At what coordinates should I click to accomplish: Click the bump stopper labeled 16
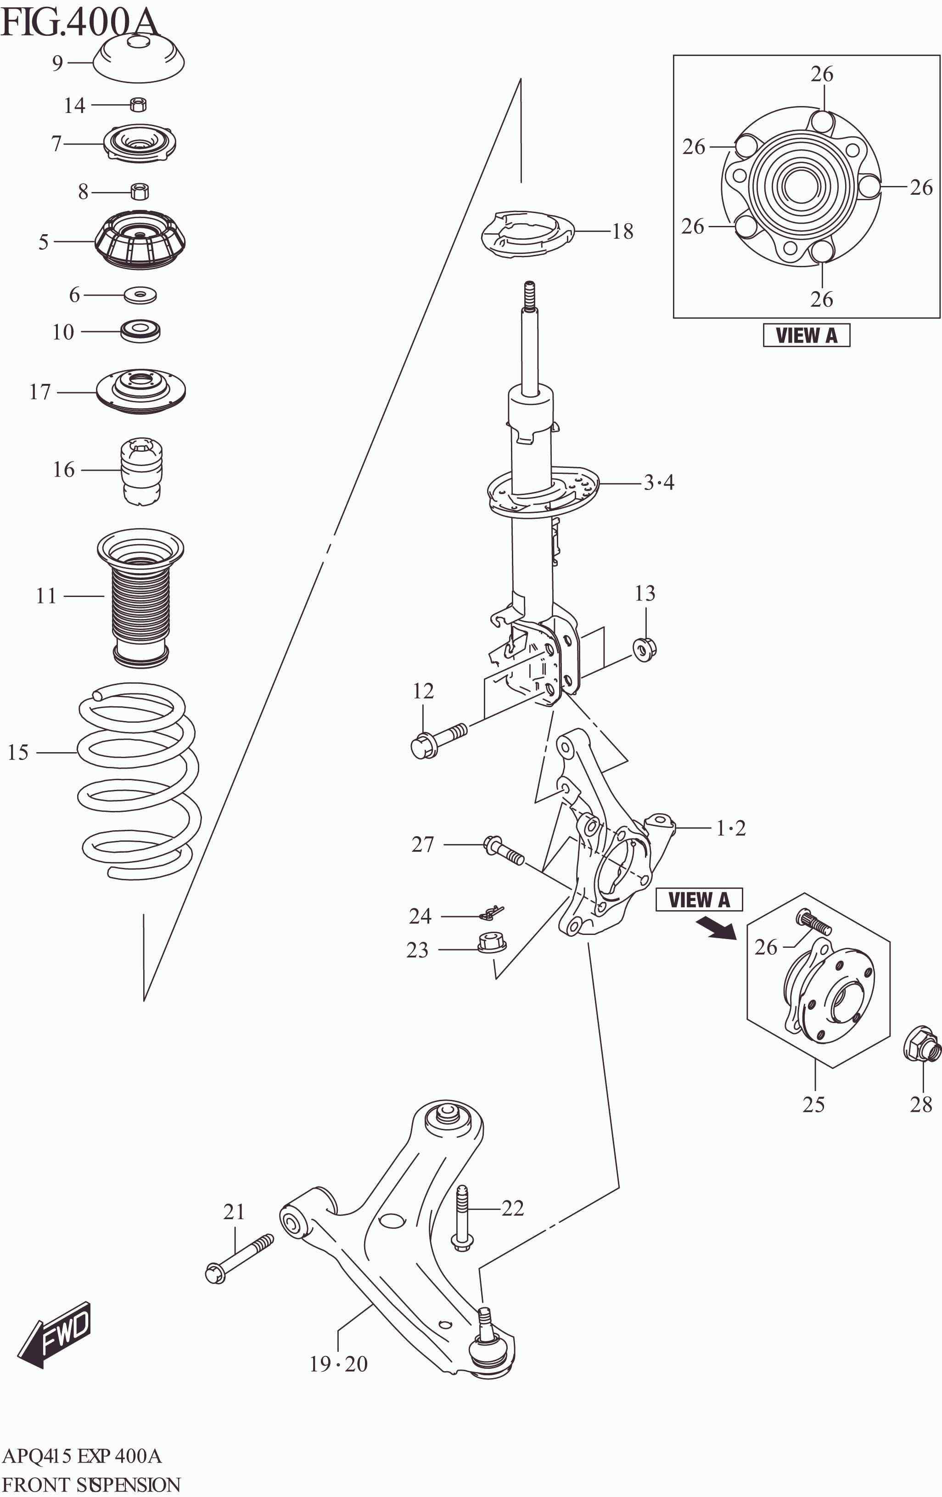(x=142, y=471)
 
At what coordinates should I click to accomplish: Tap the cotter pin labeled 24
(x=493, y=912)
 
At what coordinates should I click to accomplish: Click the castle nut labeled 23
(x=492, y=942)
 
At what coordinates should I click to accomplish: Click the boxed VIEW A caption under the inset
(x=806, y=335)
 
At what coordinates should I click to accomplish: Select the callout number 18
(x=622, y=231)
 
